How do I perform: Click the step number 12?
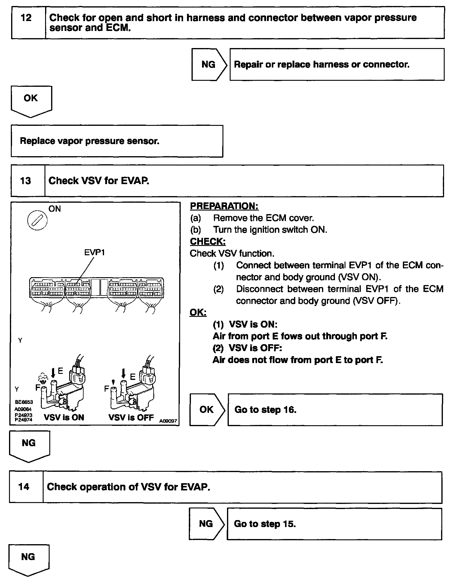26,18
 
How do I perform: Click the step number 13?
26,181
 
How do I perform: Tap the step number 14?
24,487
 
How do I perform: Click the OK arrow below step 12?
31,99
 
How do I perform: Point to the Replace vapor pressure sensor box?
117,141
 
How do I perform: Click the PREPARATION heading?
224,206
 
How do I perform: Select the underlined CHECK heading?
207,241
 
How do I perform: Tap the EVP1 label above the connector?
94,252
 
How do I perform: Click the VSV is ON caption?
64,417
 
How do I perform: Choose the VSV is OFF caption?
131,417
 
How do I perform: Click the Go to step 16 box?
335,410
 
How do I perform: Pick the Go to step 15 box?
334,524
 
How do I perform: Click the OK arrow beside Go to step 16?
207,410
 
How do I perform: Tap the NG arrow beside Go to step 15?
206,524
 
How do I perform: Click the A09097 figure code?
168,421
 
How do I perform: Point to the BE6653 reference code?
24,402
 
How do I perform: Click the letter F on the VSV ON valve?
38,387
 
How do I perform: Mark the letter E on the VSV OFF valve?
133,376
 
